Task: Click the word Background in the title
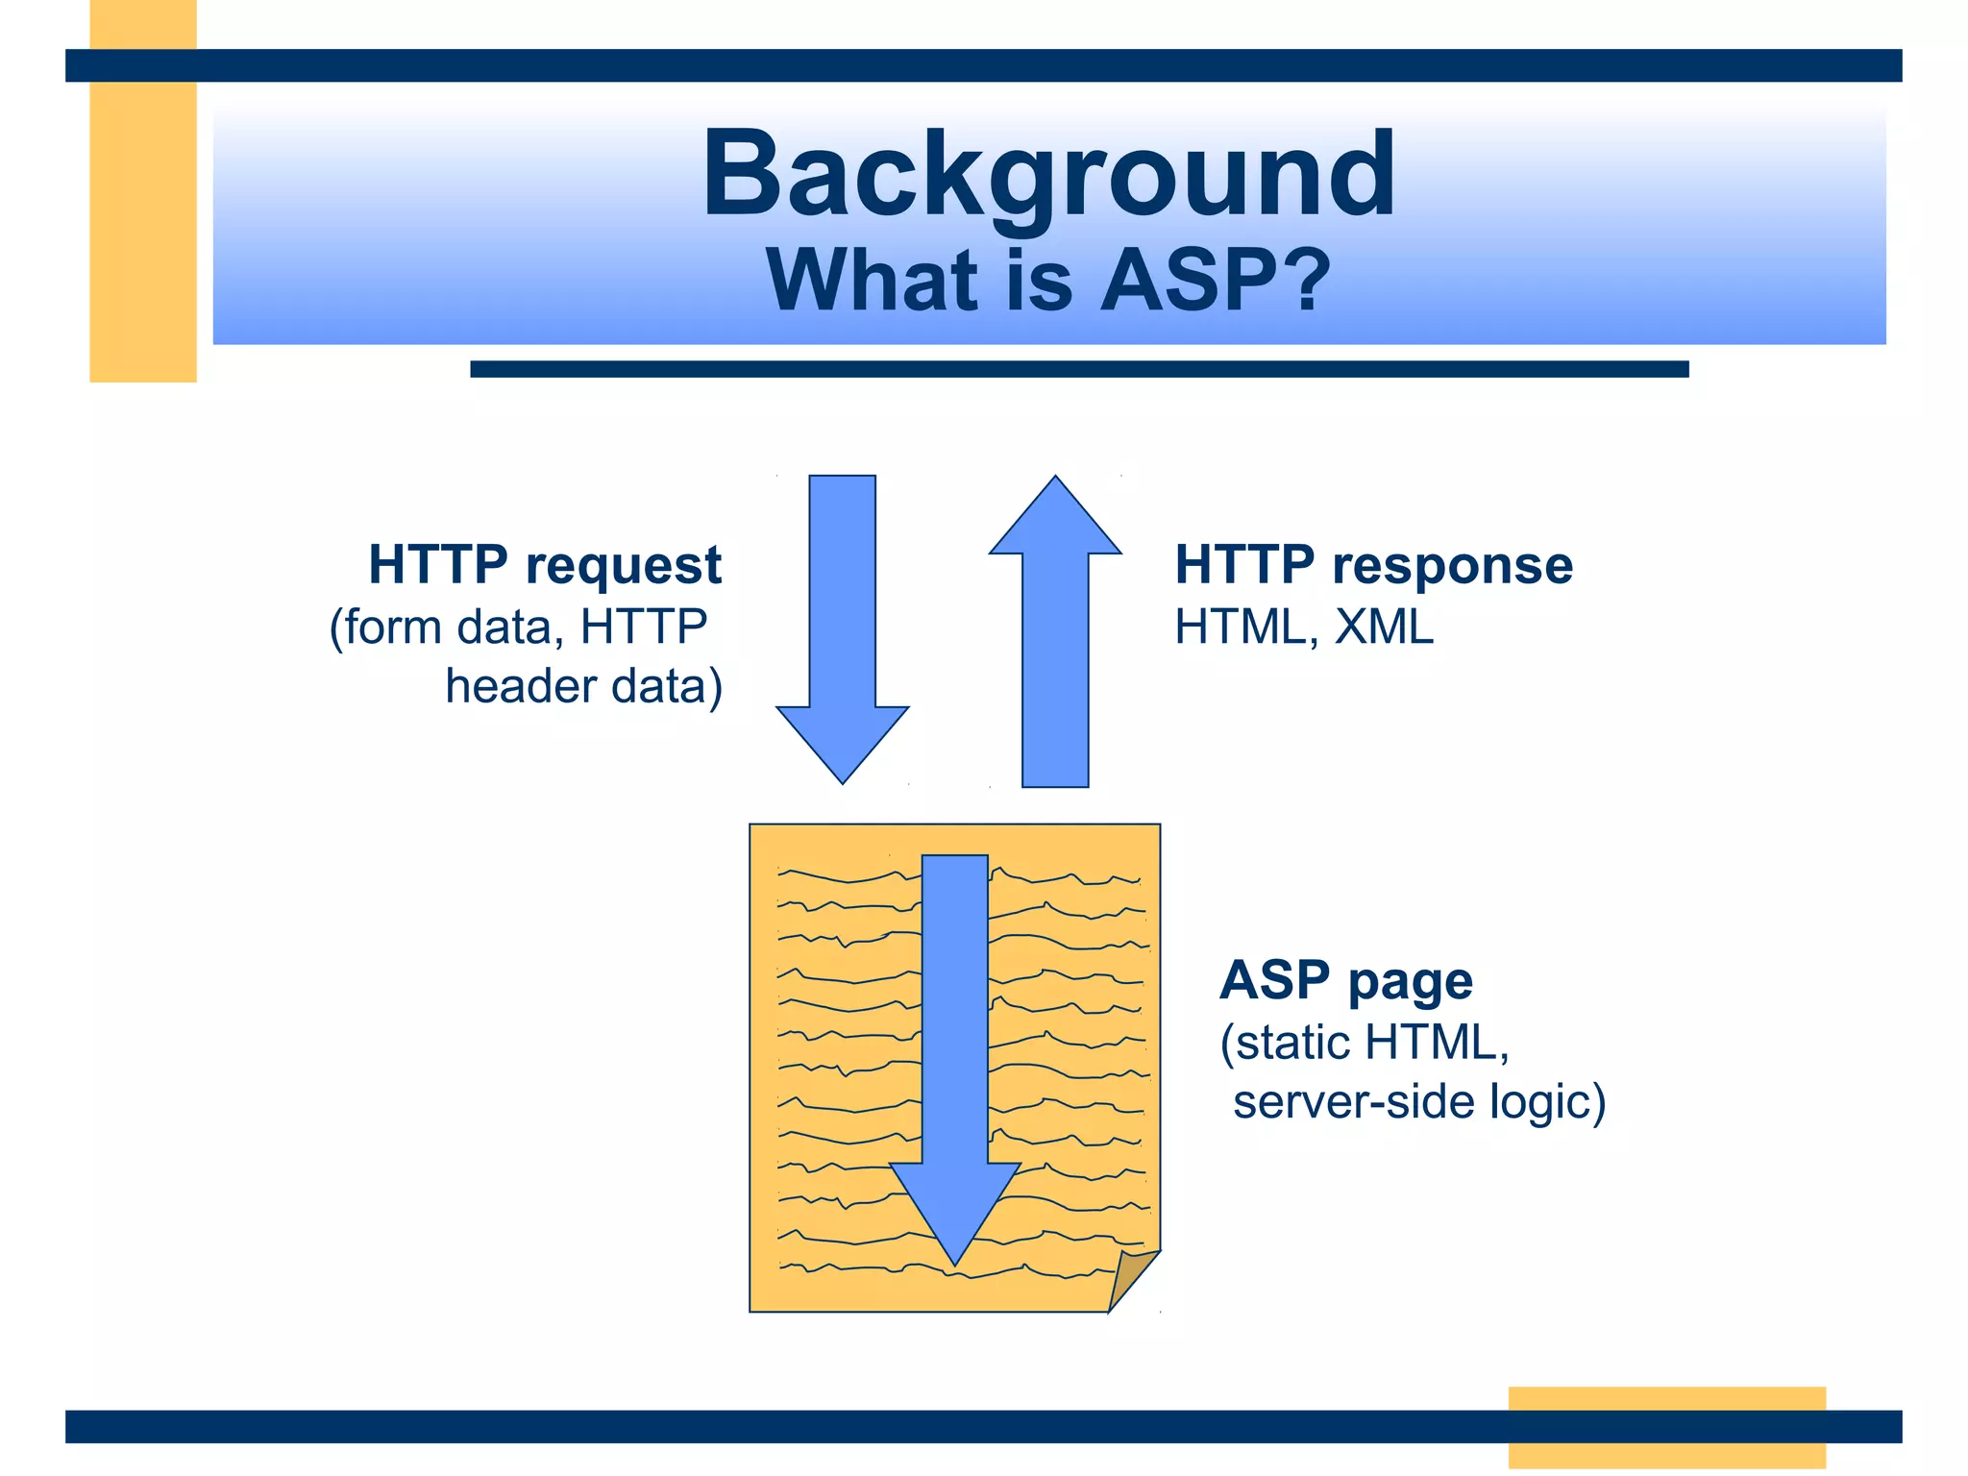1048,176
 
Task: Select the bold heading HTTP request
544,565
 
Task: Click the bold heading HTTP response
1373,565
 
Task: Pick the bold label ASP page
1345,981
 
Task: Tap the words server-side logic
1418,1102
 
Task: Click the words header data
583,687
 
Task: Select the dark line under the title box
1078,369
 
